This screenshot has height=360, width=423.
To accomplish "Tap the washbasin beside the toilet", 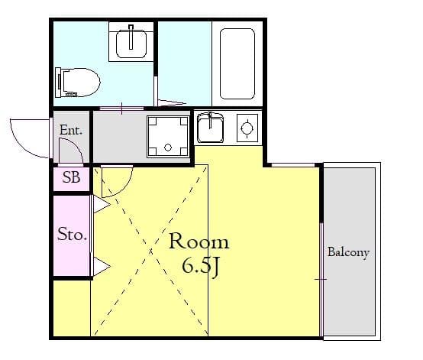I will click(x=133, y=42).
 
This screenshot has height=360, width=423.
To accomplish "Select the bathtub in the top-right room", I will click(x=237, y=64).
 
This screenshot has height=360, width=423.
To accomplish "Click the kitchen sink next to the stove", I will click(x=210, y=128).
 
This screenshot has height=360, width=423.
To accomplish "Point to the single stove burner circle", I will click(x=246, y=128).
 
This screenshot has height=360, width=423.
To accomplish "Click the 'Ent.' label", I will click(x=71, y=131).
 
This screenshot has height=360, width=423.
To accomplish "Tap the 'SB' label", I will click(x=71, y=179).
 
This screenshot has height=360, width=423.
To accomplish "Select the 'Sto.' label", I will click(x=71, y=234).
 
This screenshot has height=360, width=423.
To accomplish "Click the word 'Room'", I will click(x=198, y=242).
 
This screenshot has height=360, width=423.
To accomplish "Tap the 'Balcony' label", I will click(x=348, y=252).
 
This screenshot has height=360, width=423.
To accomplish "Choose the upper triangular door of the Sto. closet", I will click(x=100, y=205).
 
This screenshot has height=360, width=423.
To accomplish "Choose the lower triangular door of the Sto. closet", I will click(x=100, y=265).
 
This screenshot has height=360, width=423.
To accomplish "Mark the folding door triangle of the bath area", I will click(x=171, y=102).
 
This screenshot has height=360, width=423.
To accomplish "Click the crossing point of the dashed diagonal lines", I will click(x=149, y=252).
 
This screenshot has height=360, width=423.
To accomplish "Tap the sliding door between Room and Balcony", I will click(x=321, y=252).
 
